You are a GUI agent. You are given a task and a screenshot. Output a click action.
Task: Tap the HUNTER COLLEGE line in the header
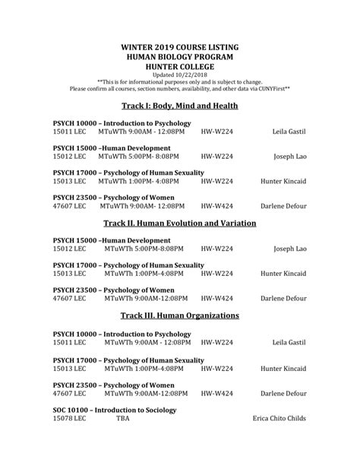180,68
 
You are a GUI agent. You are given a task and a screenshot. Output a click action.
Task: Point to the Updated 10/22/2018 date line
180,76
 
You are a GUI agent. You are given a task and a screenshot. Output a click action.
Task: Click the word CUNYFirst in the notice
273,88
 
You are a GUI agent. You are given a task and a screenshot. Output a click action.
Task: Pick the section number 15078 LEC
69,419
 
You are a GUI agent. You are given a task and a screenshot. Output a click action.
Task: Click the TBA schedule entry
122,419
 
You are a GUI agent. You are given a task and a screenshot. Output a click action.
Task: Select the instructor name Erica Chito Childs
279,419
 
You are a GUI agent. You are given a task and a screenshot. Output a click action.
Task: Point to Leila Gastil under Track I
289,132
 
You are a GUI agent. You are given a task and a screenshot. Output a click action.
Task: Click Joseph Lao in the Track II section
290,249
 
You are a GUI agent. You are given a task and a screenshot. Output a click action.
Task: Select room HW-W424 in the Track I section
216,205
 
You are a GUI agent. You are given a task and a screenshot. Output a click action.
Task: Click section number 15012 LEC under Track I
69,157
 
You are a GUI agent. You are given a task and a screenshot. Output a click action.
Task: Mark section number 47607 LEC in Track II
69,298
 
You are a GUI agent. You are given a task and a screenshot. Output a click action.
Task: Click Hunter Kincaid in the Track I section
283,181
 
